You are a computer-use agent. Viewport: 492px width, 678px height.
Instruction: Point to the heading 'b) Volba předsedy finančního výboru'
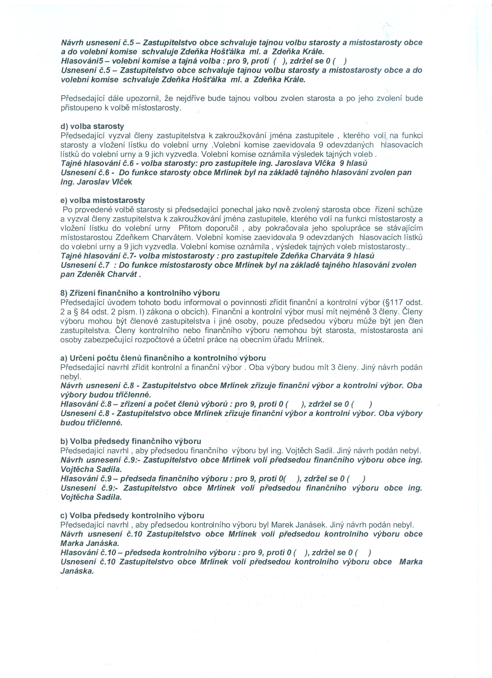[131, 441]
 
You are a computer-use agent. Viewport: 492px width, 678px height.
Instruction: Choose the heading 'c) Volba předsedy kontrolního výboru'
[132, 515]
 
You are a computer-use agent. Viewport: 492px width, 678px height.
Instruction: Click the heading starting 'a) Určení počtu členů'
[163, 358]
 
